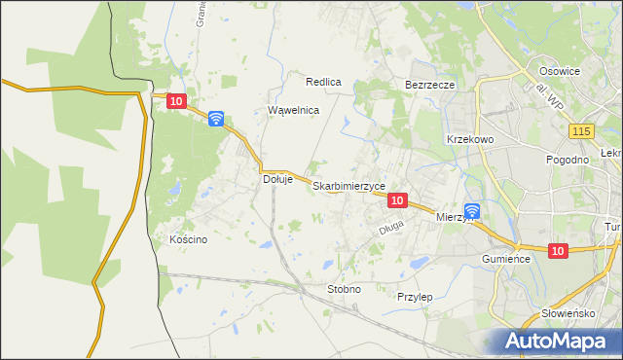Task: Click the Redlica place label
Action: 323,83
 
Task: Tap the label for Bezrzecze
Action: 430,85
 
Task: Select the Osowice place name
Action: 560,71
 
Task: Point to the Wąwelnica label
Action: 294,111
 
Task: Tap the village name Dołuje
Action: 278,179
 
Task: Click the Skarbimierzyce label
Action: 349,186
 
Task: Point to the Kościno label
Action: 189,240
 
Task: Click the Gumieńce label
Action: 505,260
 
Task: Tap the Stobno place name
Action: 345,289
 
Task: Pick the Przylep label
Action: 415,296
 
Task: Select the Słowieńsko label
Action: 568,314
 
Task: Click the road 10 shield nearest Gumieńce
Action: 556,251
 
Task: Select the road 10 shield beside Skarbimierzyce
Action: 396,199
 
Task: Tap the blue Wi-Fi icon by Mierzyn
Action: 472,210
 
